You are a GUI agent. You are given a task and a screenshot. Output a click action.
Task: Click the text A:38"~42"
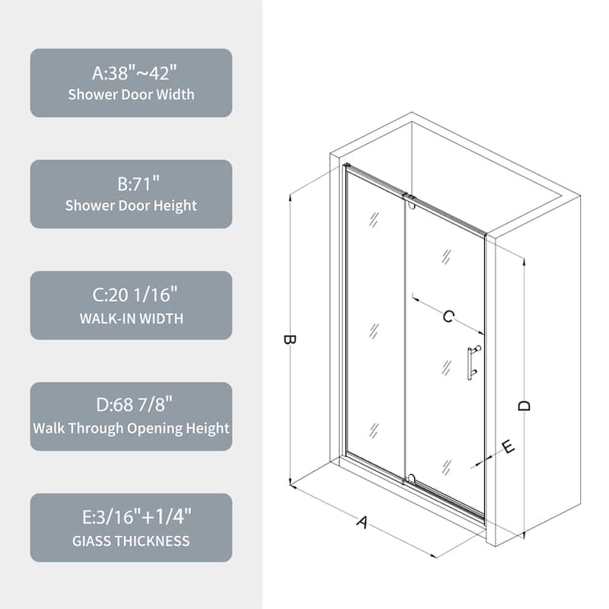[x=131, y=74]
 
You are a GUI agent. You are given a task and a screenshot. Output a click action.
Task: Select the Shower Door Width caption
[x=131, y=95]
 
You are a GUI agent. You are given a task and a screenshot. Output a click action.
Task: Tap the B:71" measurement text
[x=131, y=185]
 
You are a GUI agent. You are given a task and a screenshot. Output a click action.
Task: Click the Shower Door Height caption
[x=131, y=206]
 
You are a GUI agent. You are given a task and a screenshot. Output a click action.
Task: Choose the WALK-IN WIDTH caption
[x=131, y=318]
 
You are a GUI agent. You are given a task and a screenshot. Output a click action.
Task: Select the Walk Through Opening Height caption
[x=131, y=428]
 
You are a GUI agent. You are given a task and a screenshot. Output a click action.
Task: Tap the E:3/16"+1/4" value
[x=131, y=518]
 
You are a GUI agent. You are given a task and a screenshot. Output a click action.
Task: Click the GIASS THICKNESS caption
[x=131, y=541]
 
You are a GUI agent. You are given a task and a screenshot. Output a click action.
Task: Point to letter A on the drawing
[x=363, y=521]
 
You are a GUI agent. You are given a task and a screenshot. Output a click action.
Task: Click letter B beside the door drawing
[x=289, y=340]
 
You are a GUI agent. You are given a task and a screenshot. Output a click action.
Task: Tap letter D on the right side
[x=524, y=406]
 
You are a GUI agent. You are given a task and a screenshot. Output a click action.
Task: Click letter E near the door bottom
[x=509, y=447]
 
